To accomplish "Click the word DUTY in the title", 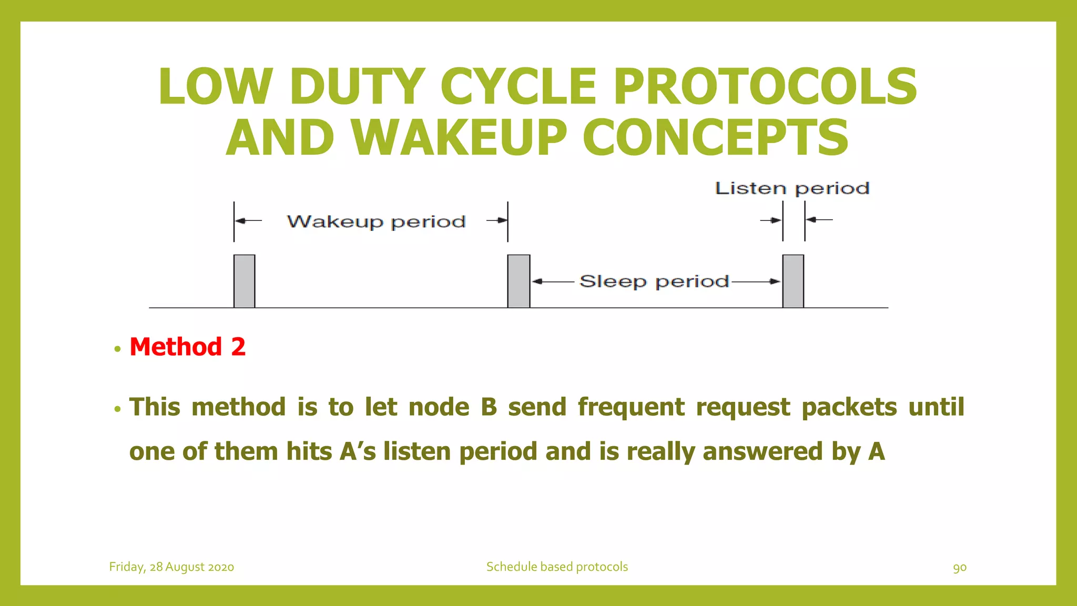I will click(357, 87).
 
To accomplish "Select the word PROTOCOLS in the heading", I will click(765, 87).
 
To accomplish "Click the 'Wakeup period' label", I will click(376, 221).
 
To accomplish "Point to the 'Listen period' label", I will click(792, 188).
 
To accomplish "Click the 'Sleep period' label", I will click(654, 281).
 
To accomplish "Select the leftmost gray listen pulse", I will click(245, 281).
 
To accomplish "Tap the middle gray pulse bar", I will click(519, 281).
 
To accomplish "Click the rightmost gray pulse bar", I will click(793, 281).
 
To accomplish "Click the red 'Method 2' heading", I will click(188, 347).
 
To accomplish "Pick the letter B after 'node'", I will click(489, 407).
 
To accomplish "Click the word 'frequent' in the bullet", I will click(631, 407).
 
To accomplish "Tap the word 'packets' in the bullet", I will click(849, 407).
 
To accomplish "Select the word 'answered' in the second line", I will click(763, 451).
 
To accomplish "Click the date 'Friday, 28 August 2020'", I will click(171, 567).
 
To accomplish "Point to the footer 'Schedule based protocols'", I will click(557, 567).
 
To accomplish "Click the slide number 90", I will click(960, 567).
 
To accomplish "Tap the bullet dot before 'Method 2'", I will click(117, 349).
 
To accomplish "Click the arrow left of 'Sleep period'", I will click(552, 281).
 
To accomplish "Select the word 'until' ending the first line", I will click(937, 407).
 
